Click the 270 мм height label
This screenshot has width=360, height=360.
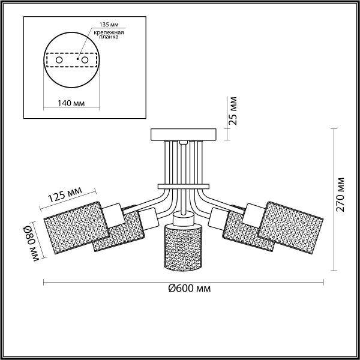coord(341,194)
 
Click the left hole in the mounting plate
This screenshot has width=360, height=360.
coord(58,61)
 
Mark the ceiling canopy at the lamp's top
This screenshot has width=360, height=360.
coord(184,134)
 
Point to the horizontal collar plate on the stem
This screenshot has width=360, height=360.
coord(184,185)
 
